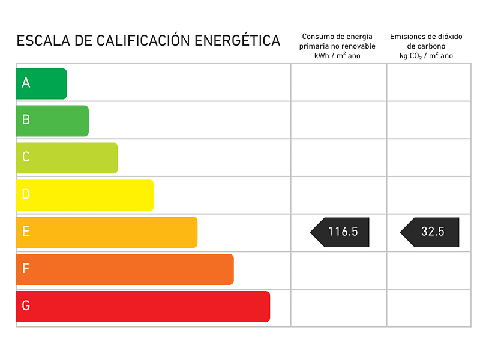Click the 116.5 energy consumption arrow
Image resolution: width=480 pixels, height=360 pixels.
[x=340, y=232]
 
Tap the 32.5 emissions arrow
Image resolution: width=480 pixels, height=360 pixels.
[x=430, y=232]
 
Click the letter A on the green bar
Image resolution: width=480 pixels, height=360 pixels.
[x=26, y=83]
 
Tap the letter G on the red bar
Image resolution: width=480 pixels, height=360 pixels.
[x=26, y=307]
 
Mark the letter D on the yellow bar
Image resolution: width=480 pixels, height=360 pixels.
[x=26, y=195]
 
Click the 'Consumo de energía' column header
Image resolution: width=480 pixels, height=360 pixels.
[x=337, y=37]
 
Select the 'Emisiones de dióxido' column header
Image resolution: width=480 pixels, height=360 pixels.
[x=426, y=37]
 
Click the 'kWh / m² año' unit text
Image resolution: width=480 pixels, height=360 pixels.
[x=337, y=56]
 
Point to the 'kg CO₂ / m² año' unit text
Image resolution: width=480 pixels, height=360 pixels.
[x=426, y=56]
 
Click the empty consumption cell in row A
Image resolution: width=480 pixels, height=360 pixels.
[x=338, y=83]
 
